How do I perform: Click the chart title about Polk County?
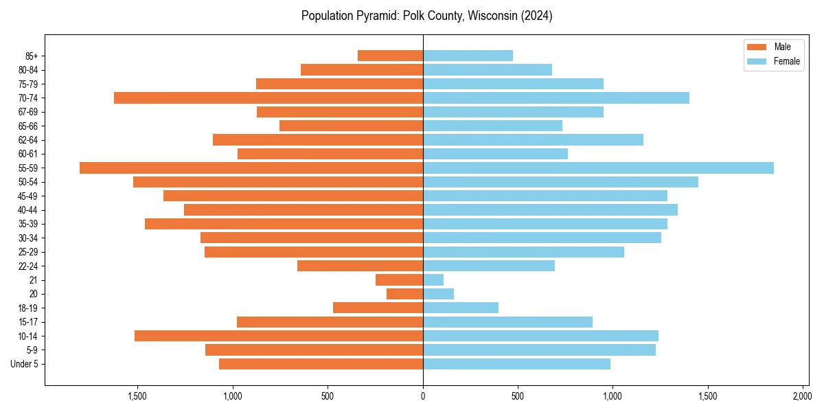click(x=426, y=16)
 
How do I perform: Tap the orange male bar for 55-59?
click(x=251, y=168)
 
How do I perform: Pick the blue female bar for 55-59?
click(x=598, y=168)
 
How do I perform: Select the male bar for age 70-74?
click(x=268, y=98)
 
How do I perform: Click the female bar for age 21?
click(x=433, y=280)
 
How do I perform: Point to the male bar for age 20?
click(x=405, y=294)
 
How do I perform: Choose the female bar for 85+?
click(x=468, y=56)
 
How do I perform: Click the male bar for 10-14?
click(x=279, y=336)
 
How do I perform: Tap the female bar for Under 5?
click(x=516, y=364)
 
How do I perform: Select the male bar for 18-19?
click(x=378, y=308)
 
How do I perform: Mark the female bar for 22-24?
click(x=489, y=266)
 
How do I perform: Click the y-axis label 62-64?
click(x=28, y=140)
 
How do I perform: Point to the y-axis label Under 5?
click(x=25, y=364)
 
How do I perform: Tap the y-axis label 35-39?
click(x=28, y=224)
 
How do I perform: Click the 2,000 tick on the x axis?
click(x=802, y=396)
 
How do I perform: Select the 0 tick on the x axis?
click(x=423, y=396)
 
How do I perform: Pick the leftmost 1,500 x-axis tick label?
click(x=138, y=396)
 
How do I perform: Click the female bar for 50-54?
click(x=560, y=182)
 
